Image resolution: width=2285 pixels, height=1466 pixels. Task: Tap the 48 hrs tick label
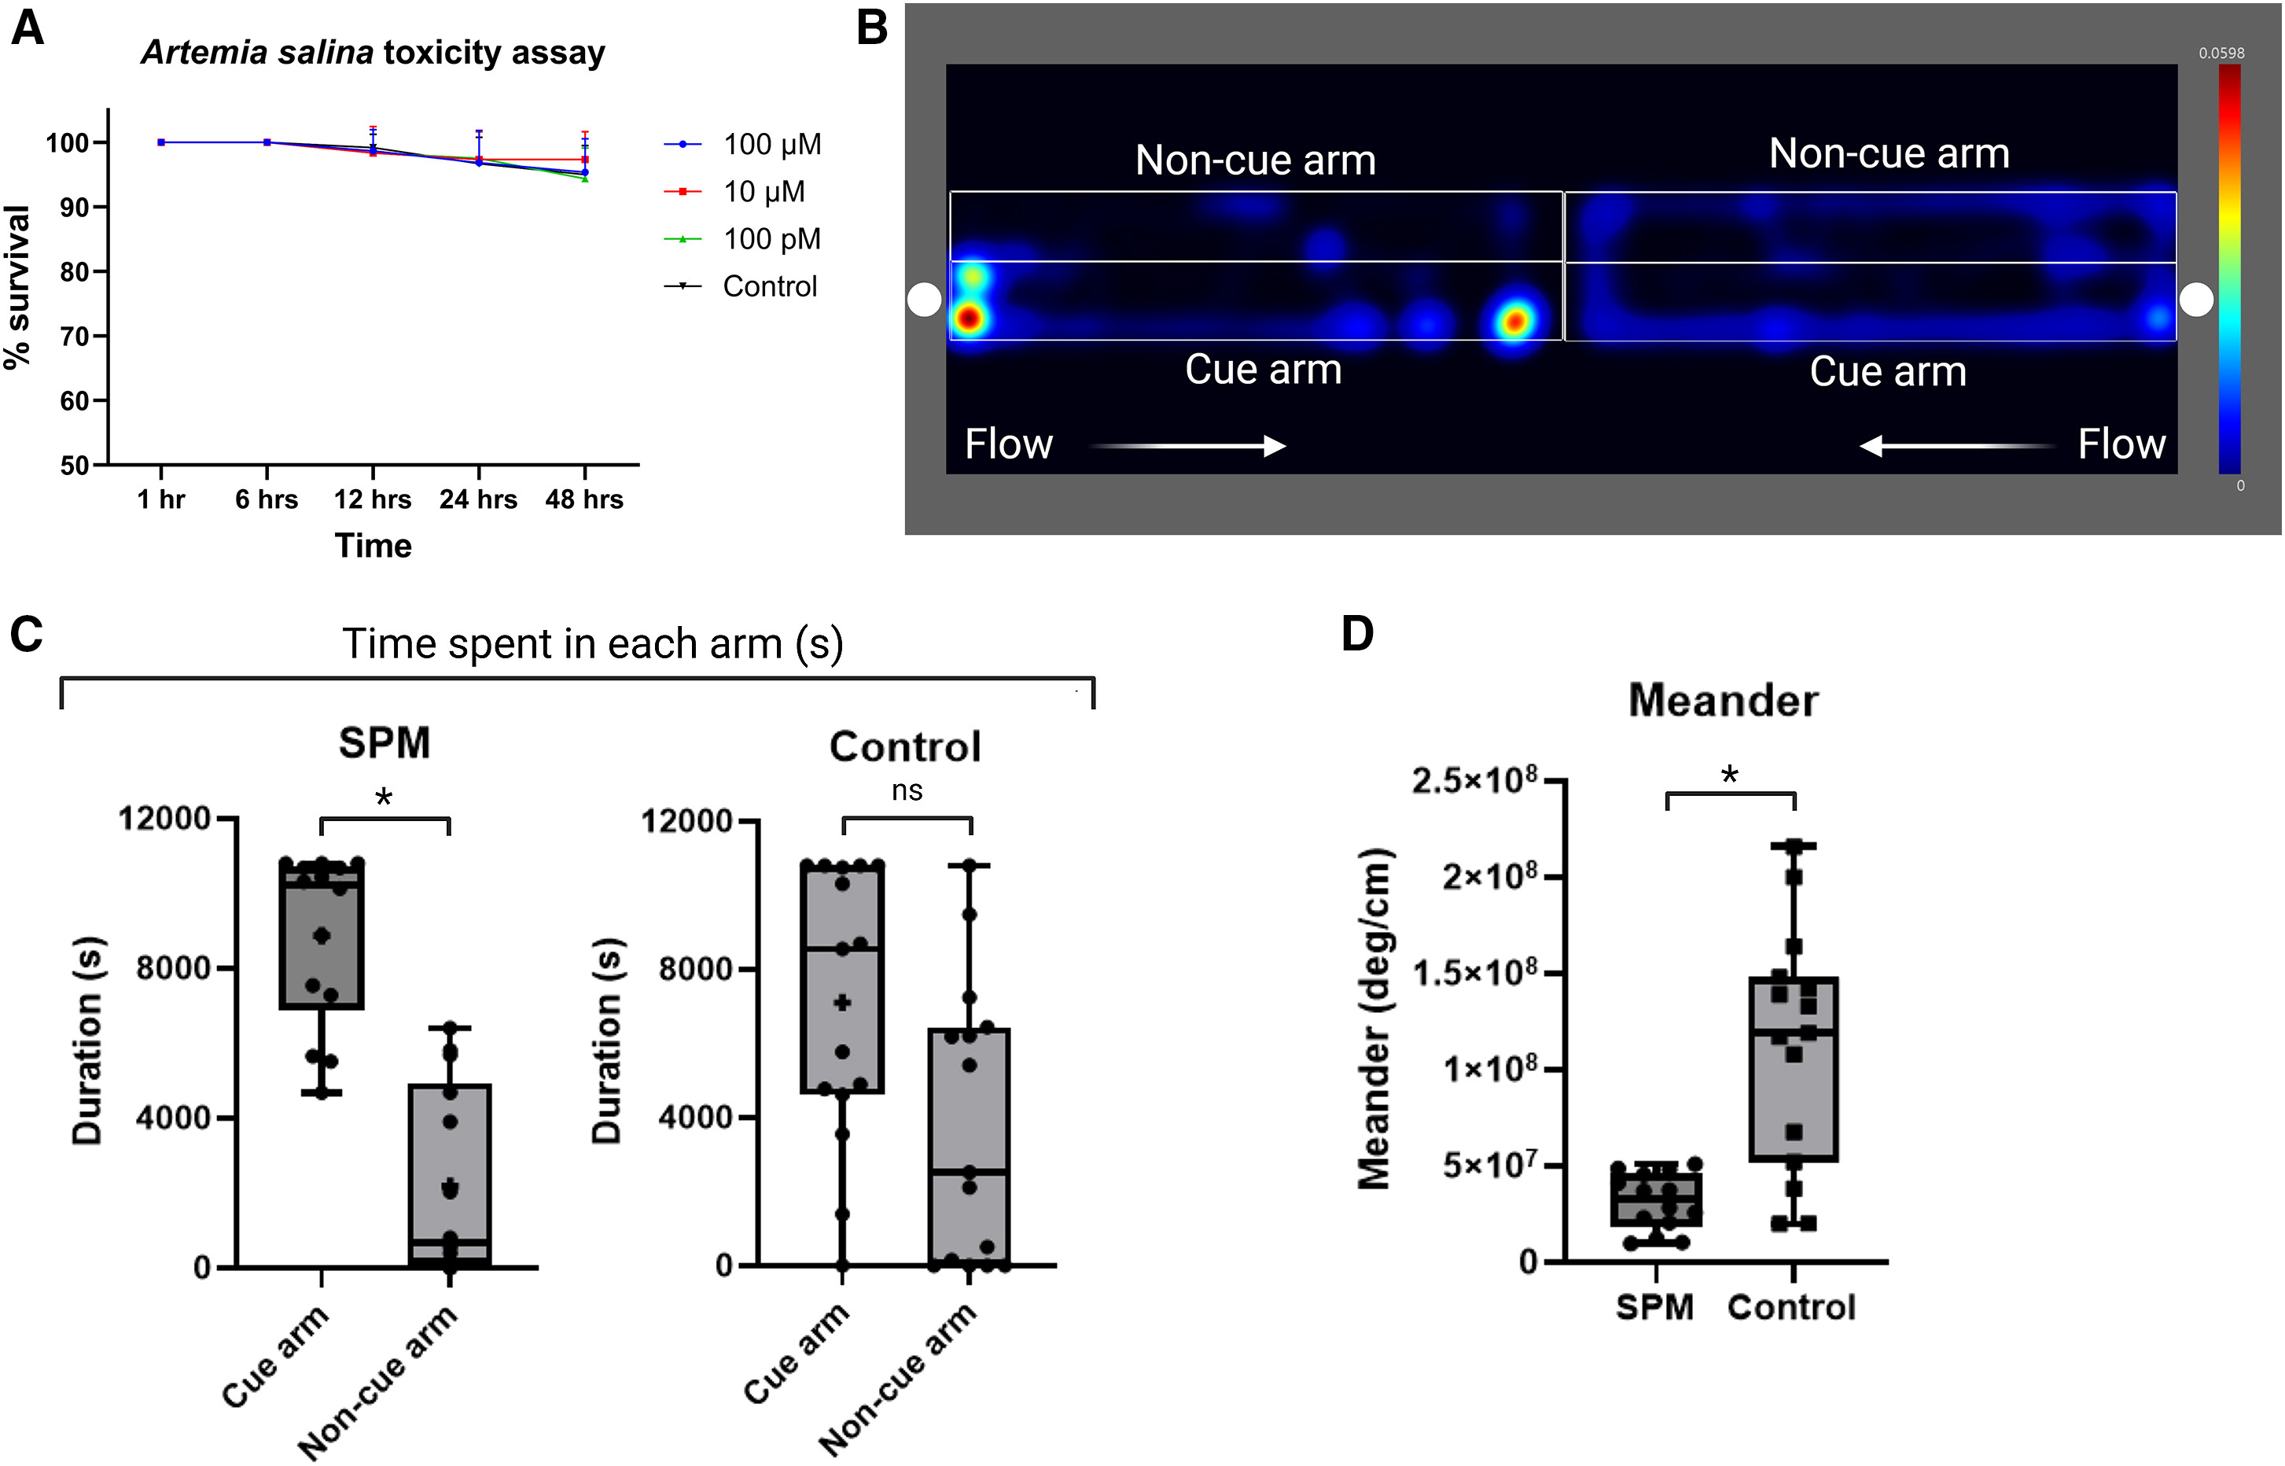pyautogui.click(x=583, y=499)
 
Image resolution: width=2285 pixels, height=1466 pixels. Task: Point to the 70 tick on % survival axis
pyautogui.click(x=74, y=336)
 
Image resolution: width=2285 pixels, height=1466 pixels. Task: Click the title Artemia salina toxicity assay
pyautogui.click(x=373, y=53)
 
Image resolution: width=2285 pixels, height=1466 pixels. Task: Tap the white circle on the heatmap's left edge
pyautogui.click(x=923, y=300)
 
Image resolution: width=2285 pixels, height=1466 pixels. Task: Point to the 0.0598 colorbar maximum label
pyautogui.click(x=2221, y=53)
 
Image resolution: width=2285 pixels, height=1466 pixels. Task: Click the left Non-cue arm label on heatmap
pyautogui.click(x=1254, y=160)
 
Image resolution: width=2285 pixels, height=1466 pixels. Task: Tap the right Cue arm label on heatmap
pyautogui.click(x=1887, y=371)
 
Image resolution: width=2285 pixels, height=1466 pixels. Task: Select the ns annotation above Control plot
pyautogui.click(x=907, y=791)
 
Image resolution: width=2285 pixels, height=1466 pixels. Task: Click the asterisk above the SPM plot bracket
pyautogui.click(x=384, y=797)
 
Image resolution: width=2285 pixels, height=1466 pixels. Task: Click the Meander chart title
pyautogui.click(x=1723, y=701)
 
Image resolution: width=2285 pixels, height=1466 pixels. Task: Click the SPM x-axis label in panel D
pyautogui.click(x=1654, y=1307)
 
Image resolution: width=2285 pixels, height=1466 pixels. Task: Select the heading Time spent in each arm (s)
pyautogui.click(x=592, y=644)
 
